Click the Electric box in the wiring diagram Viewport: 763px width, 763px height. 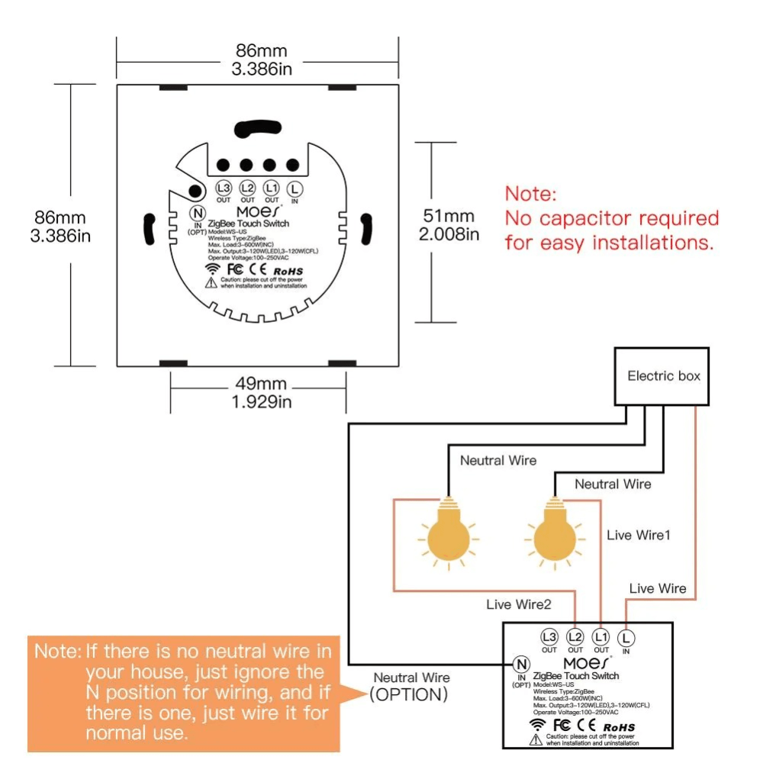(662, 375)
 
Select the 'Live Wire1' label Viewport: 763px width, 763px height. (639, 535)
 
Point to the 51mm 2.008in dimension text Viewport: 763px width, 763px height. (449, 226)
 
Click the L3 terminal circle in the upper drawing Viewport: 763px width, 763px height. (223, 188)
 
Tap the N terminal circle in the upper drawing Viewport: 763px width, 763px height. (197, 214)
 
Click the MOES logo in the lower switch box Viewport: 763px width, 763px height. (587, 661)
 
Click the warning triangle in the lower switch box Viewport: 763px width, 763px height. (537, 739)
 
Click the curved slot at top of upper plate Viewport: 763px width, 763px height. (257, 128)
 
